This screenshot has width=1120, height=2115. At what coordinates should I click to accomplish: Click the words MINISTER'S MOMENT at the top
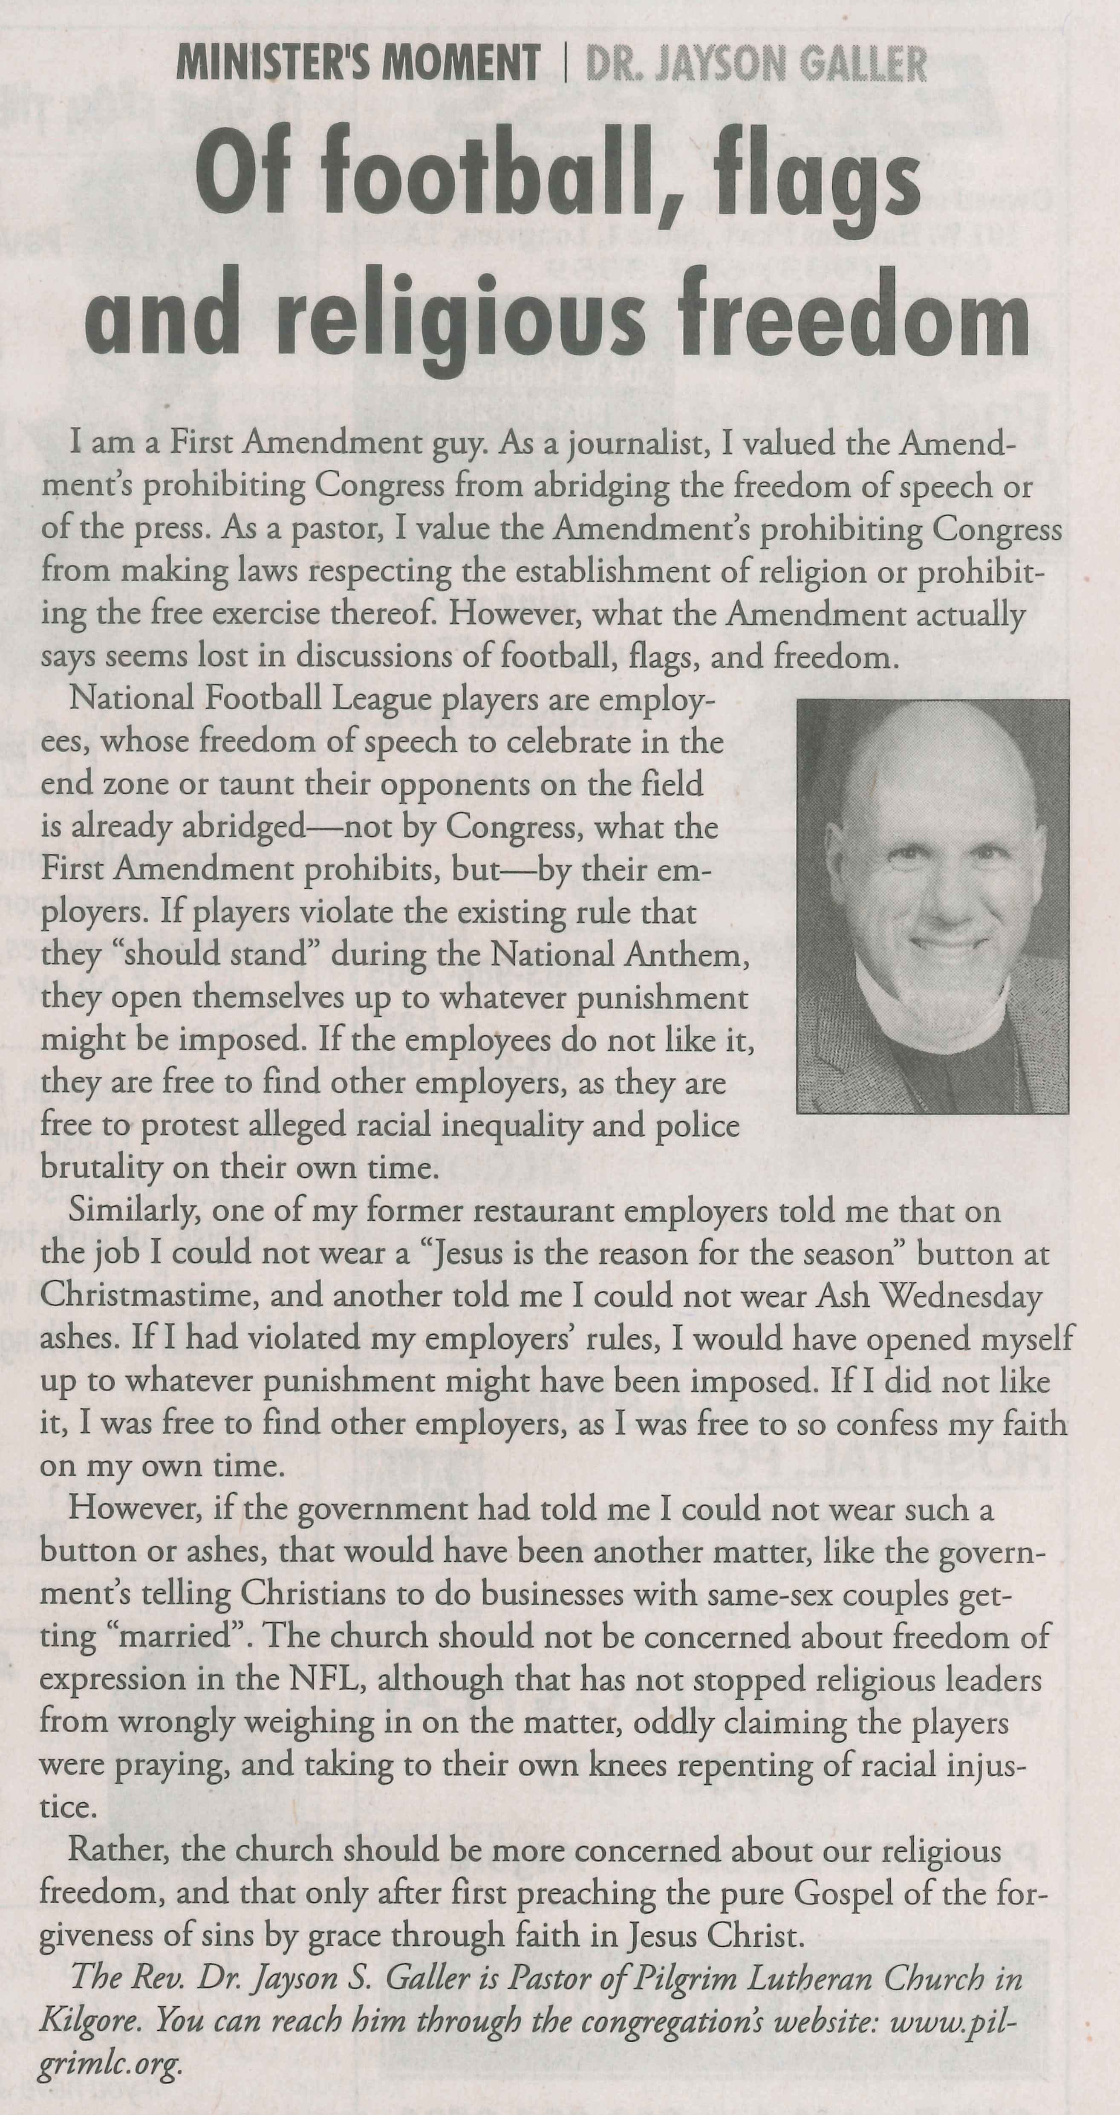point(358,63)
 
